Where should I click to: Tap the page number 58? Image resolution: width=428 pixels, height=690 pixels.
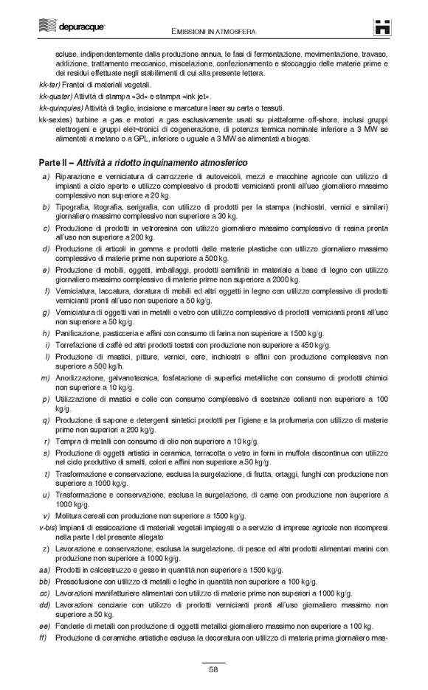click(x=213, y=669)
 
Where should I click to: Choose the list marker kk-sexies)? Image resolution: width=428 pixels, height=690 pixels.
click(x=54, y=118)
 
